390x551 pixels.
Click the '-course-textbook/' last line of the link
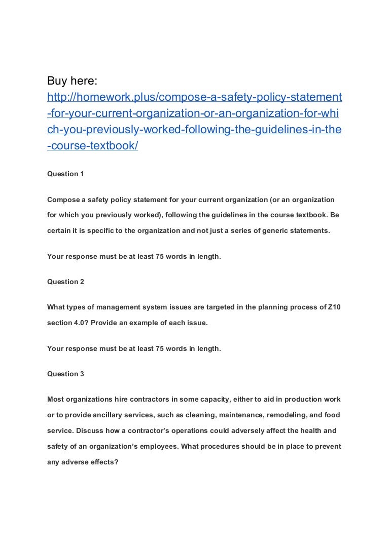pyautogui.click(x=92, y=146)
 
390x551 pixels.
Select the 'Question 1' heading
pyautogui.click(x=65, y=174)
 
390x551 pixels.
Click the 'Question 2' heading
pyautogui.click(x=65, y=282)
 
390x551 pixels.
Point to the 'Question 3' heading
pyautogui.click(x=65, y=374)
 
